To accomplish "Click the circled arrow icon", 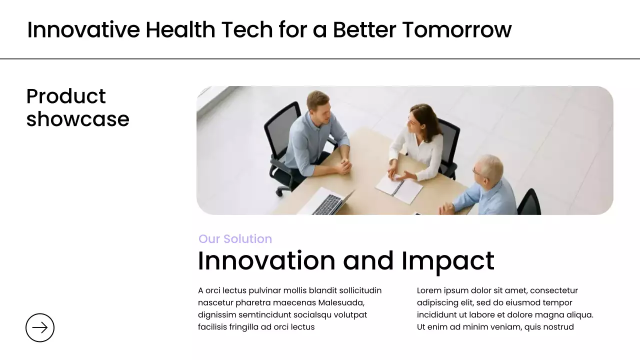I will point(40,327).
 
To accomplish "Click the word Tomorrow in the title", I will point(456,29).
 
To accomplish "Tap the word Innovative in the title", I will point(83,29).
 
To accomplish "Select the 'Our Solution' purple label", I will point(235,239).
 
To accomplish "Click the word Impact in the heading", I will point(447,260).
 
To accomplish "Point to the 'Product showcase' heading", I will point(77,107).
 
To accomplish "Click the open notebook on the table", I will point(399,188).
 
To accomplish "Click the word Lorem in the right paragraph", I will point(429,290).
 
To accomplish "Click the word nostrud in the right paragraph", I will point(556,327).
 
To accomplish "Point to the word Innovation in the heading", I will point(266,260).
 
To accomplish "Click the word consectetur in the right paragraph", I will point(554,290).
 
